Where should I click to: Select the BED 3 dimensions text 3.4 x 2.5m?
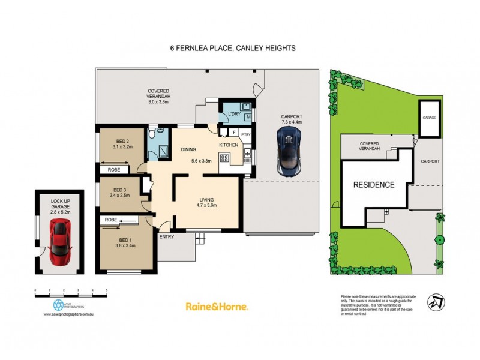(x=122, y=194)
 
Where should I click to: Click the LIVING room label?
(x=206, y=200)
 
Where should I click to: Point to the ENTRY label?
(x=167, y=237)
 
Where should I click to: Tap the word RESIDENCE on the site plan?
(x=373, y=185)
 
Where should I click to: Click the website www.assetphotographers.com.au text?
(x=71, y=314)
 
